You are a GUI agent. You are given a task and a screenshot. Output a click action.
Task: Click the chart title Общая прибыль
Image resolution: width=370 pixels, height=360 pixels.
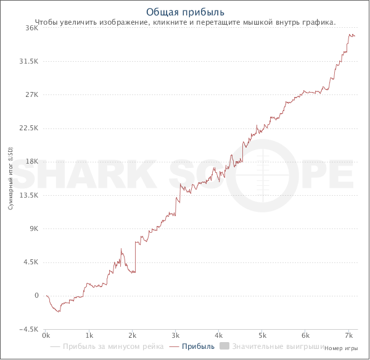tap(185, 12)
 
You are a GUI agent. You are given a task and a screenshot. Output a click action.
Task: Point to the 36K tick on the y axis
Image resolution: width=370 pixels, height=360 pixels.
tap(33, 28)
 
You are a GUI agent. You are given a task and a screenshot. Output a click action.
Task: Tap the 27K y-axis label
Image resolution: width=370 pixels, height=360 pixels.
tap(33, 94)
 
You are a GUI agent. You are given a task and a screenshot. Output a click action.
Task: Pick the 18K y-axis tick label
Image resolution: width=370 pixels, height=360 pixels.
tap(33, 161)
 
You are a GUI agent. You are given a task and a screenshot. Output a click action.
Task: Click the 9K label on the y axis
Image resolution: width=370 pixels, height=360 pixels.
tap(35, 228)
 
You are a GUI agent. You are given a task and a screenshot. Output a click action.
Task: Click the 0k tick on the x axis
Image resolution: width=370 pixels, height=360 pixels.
tap(46, 336)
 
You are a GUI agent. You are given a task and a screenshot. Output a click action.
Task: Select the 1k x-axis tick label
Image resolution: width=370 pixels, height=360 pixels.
tap(89, 336)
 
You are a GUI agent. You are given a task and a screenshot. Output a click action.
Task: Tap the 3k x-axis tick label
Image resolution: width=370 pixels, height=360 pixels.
tap(176, 336)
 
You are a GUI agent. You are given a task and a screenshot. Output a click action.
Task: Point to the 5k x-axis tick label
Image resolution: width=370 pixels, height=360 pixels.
tap(262, 336)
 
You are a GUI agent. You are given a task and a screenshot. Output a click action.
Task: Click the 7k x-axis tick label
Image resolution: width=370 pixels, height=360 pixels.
tap(348, 336)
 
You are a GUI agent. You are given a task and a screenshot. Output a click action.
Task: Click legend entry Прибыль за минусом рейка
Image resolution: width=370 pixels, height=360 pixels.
tap(113, 347)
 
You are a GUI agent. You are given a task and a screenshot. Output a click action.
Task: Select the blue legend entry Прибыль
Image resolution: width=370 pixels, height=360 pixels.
tap(199, 347)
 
